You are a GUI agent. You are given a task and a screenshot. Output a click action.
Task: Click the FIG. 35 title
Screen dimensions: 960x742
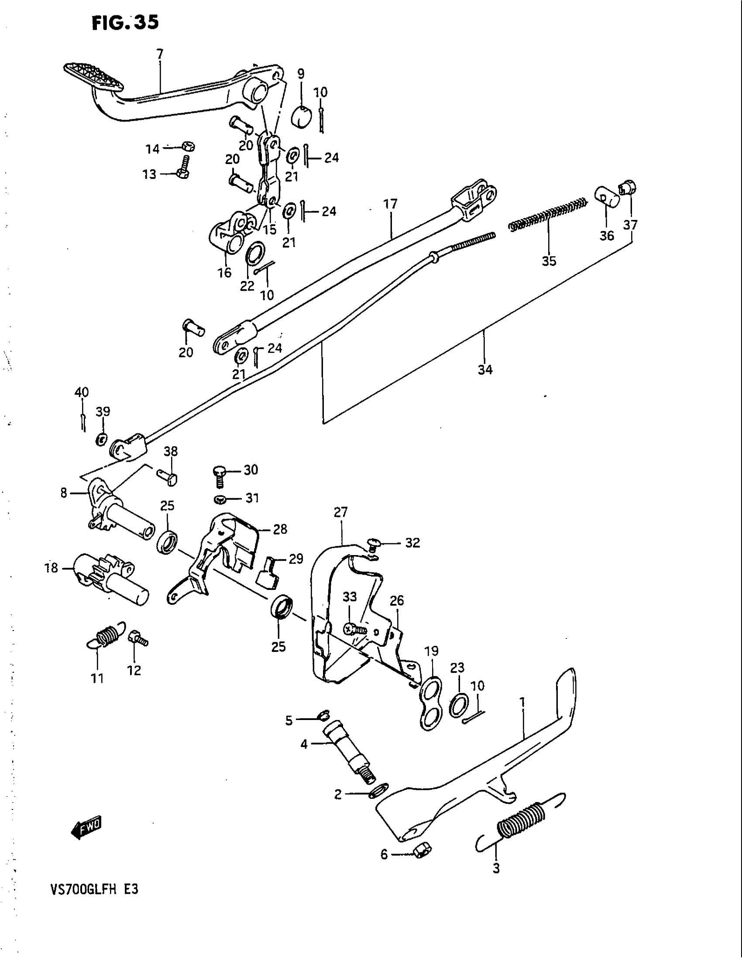coord(125,22)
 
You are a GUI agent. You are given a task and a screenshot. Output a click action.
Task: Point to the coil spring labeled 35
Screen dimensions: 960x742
coord(547,214)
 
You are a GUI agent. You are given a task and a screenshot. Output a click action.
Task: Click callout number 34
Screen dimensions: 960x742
coord(485,370)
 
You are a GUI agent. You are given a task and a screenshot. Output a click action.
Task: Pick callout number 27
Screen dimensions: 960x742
coord(341,512)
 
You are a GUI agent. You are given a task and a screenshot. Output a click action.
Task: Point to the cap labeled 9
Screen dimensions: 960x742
coord(302,116)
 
